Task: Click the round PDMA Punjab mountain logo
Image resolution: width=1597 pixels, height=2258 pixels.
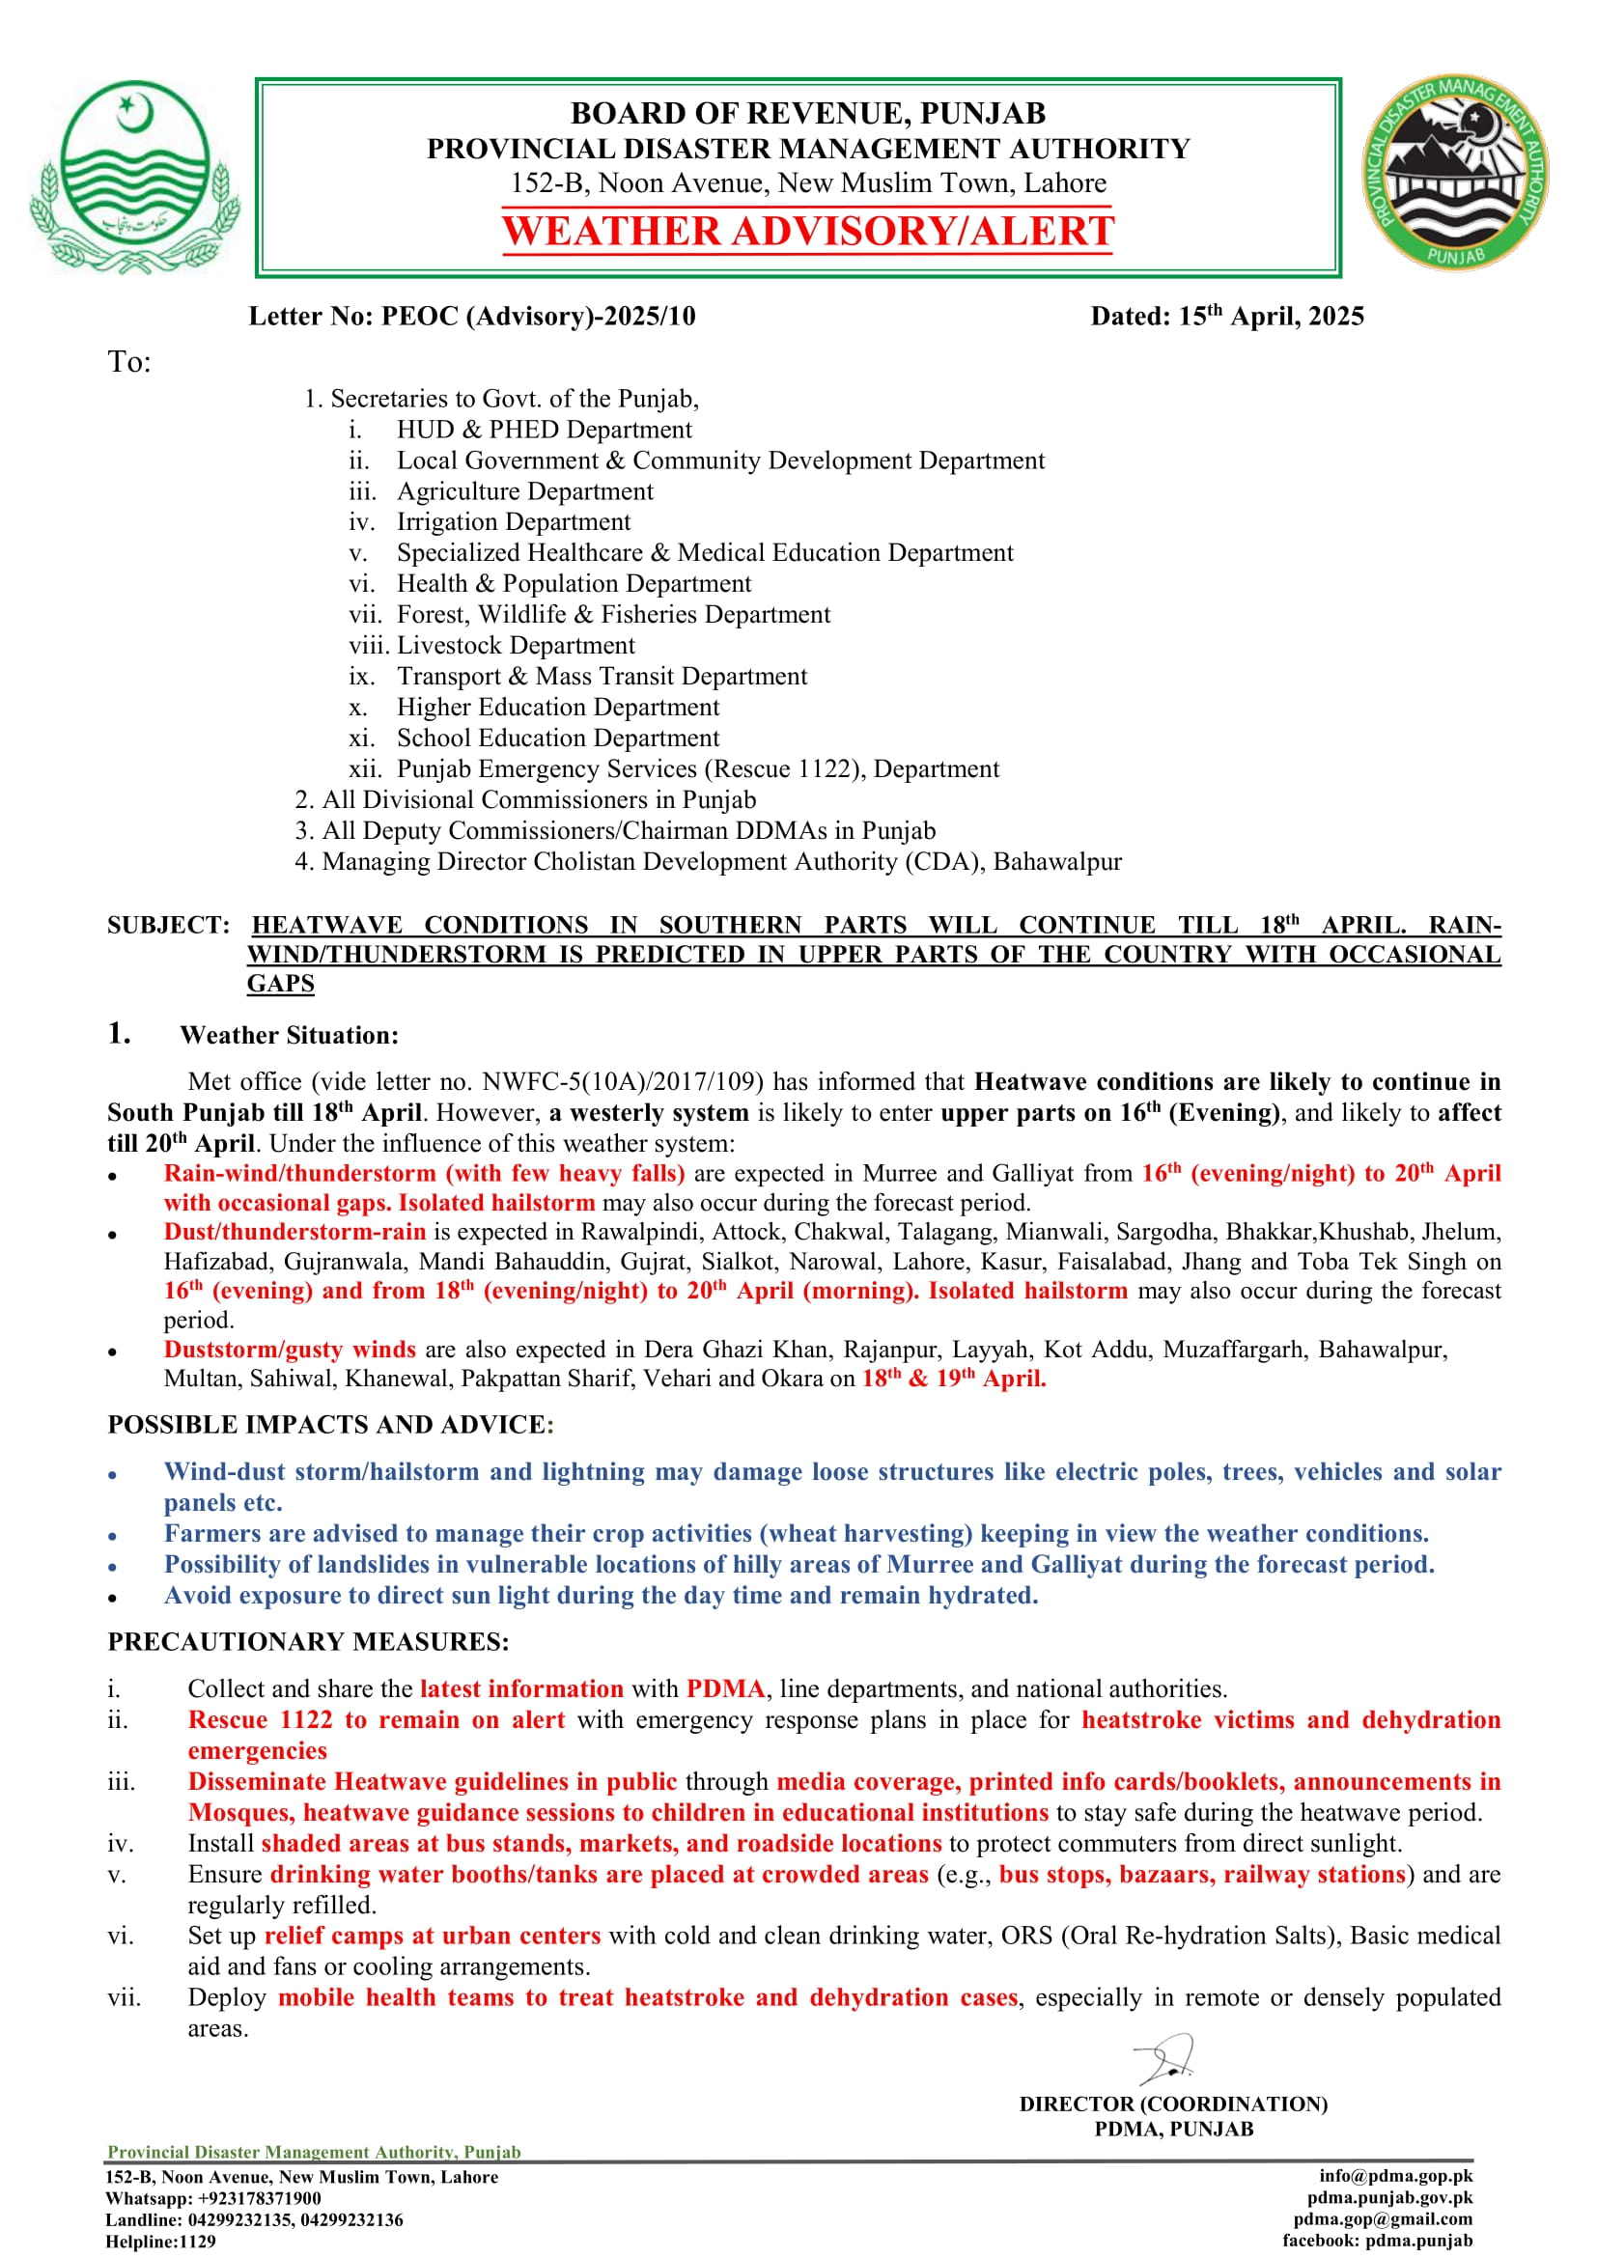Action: (x=1453, y=173)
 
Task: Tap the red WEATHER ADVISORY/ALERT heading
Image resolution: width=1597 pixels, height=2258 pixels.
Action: (x=807, y=232)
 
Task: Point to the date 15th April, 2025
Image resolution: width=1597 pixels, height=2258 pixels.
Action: (x=1270, y=317)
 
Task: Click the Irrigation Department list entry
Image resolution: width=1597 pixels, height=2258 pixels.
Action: (x=513, y=522)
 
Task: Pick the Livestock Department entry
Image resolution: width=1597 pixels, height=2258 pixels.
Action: (x=516, y=646)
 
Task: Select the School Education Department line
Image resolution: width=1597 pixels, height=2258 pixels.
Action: (x=557, y=739)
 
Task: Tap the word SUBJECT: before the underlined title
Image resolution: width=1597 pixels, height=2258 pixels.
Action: (x=168, y=926)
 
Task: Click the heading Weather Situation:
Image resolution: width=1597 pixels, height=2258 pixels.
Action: (x=289, y=1036)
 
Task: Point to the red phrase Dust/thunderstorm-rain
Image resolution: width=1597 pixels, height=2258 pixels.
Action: (x=294, y=1232)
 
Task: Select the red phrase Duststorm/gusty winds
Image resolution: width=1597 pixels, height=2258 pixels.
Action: (x=289, y=1351)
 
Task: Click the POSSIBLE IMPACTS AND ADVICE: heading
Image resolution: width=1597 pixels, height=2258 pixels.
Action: (x=330, y=1425)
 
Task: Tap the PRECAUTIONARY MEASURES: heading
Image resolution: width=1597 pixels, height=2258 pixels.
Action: (x=308, y=1642)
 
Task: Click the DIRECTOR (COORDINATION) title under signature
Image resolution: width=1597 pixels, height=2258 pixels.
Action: (x=1172, y=2104)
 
